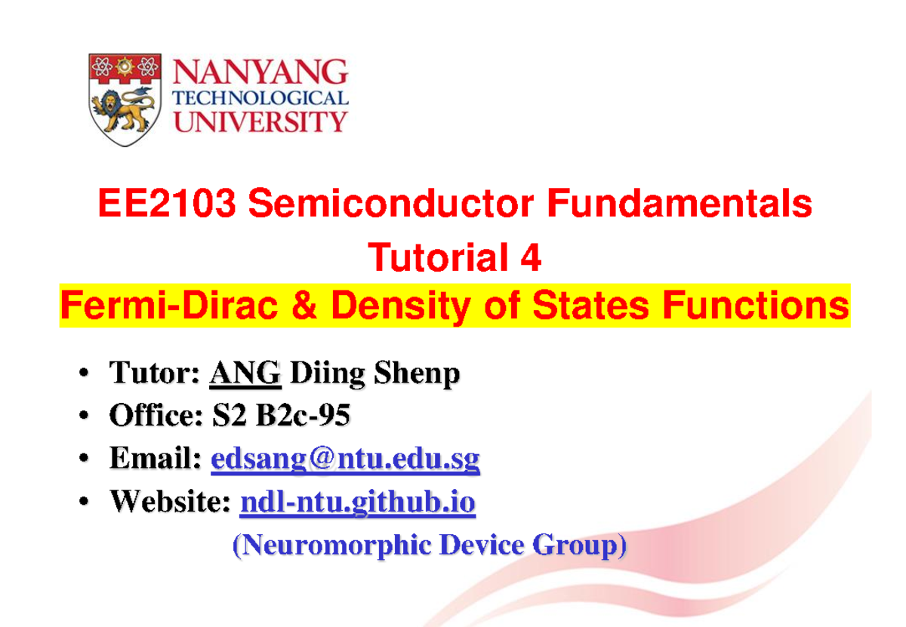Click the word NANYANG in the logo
tap(261, 72)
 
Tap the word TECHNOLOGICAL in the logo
tap(261, 98)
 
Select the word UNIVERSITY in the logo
tap(261, 121)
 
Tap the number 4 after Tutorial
tap(532, 260)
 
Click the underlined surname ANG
tap(244, 373)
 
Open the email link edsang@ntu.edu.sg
tap(345, 459)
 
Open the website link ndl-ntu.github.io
tap(357, 502)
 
